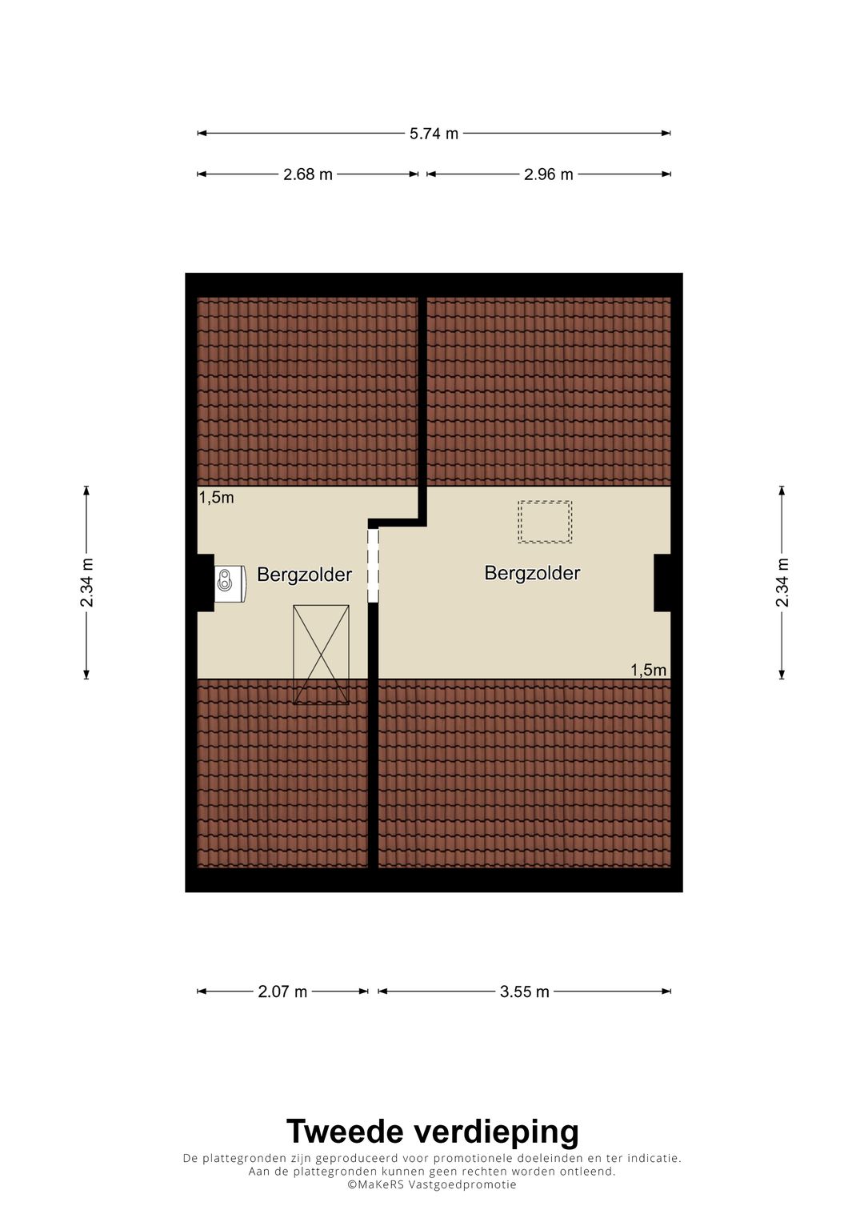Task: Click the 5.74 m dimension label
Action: point(434,134)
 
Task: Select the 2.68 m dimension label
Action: point(307,174)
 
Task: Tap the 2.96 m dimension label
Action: point(548,174)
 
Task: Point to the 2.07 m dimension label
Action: point(282,992)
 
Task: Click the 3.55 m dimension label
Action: point(524,992)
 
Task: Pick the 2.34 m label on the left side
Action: point(87,583)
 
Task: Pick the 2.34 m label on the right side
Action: point(782,583)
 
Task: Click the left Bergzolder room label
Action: point(304,575)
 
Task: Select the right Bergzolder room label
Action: point(532,573)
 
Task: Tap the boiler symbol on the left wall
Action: point(230,582)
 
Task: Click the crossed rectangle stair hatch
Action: point(321,655)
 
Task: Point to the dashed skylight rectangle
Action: point(545,522)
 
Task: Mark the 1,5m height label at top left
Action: point(216,498)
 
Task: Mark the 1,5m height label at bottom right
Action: point(648,670)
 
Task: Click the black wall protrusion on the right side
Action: point(662,583)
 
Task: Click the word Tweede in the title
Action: point(345,1132)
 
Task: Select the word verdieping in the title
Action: point(495,1132)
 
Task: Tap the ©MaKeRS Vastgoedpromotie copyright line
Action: point(432,1184)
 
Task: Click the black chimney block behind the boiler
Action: point(206,583)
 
